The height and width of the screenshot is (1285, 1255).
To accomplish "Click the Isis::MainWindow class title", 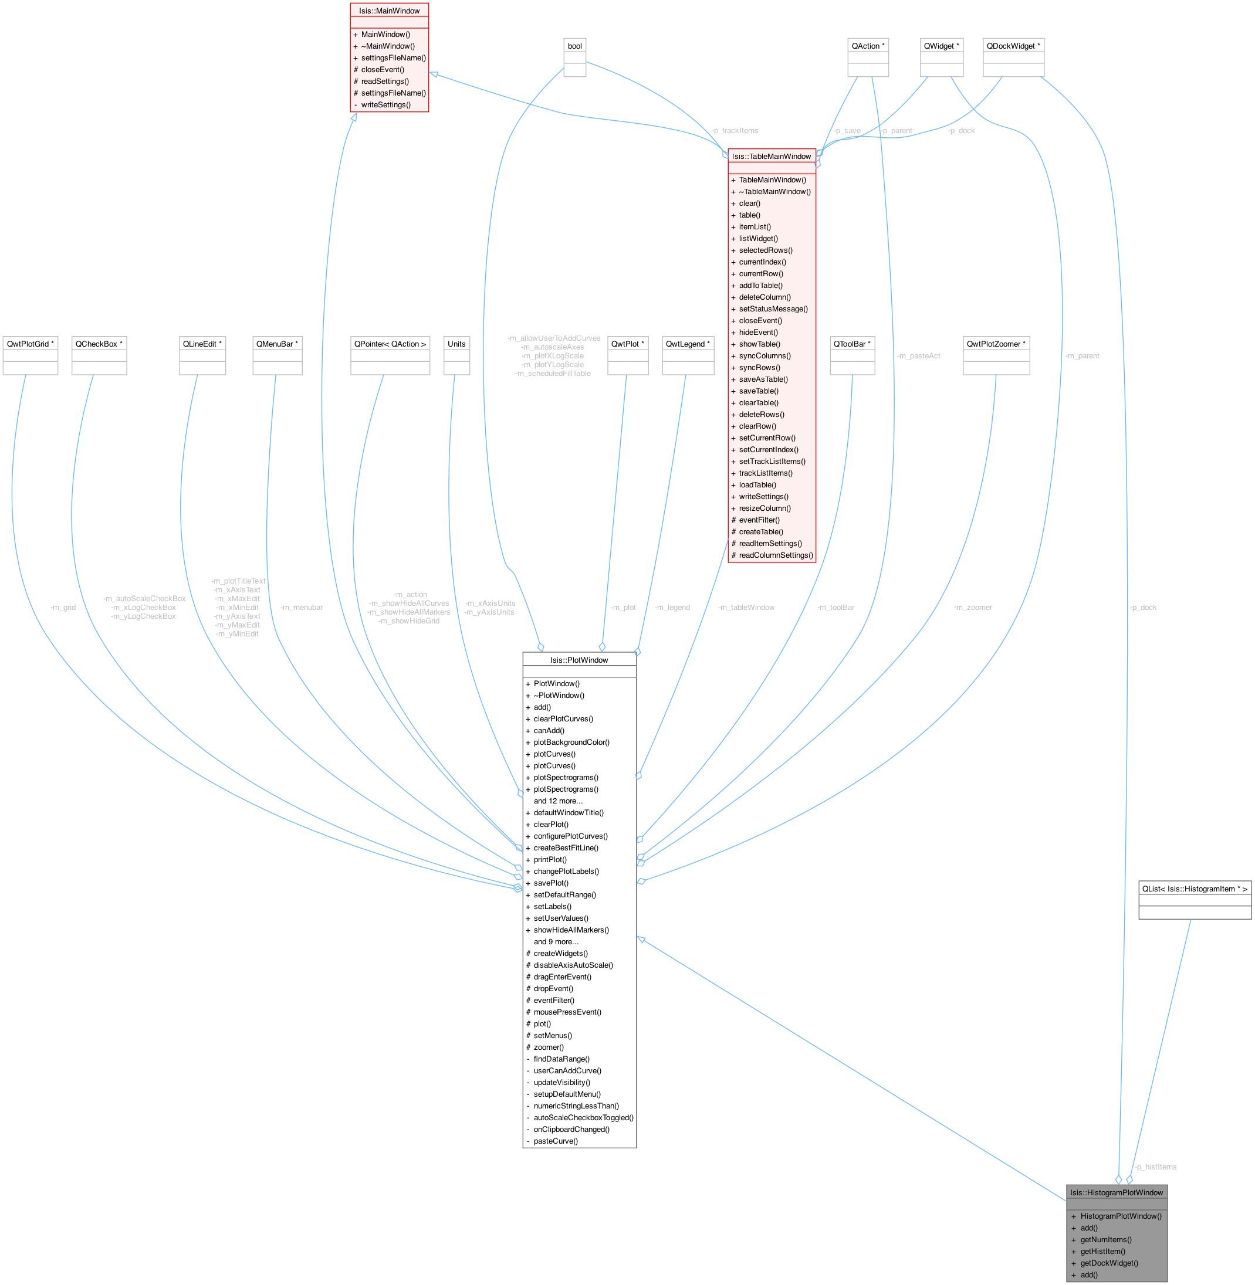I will [389, 11].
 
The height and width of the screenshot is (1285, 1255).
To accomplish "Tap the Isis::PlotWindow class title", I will [579, 660].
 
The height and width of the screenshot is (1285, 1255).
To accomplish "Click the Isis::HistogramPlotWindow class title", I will [1116, 1192].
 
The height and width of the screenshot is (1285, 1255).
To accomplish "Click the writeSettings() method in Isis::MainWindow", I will [385, 105].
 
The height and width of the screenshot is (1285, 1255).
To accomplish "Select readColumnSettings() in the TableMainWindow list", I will [776, 555].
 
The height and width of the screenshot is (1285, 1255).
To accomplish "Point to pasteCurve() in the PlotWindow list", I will [556, 1141].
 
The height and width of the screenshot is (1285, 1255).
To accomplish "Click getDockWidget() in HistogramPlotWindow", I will [1109, 1263].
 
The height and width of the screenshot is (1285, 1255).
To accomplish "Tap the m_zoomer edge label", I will [973, 608].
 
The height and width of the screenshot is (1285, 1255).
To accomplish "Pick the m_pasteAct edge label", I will [918, 356].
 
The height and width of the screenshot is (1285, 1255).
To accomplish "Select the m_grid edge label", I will [63, 608].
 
